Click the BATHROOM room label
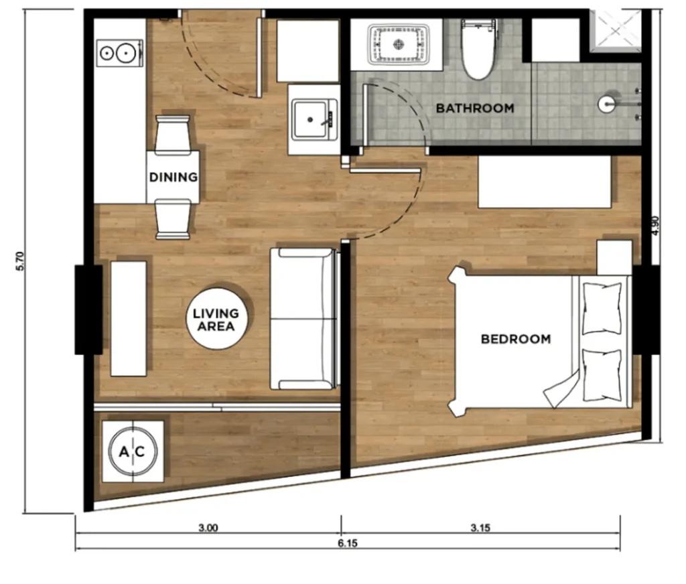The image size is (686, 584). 475,108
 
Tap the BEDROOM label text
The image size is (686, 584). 516,339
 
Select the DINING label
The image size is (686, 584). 173,177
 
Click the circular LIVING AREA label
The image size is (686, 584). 216,319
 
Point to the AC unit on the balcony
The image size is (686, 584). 133,452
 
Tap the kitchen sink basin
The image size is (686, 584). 314,119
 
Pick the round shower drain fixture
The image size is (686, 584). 607,104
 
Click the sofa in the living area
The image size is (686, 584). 303,319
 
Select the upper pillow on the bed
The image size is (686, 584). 602,307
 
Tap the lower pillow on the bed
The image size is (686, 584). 602,375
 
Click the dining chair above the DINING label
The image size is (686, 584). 173,134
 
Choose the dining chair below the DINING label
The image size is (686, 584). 173,219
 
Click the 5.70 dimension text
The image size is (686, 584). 19,261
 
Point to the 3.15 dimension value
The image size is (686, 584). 480,528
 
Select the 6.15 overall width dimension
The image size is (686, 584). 348,544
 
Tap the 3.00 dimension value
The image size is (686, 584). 208,528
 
